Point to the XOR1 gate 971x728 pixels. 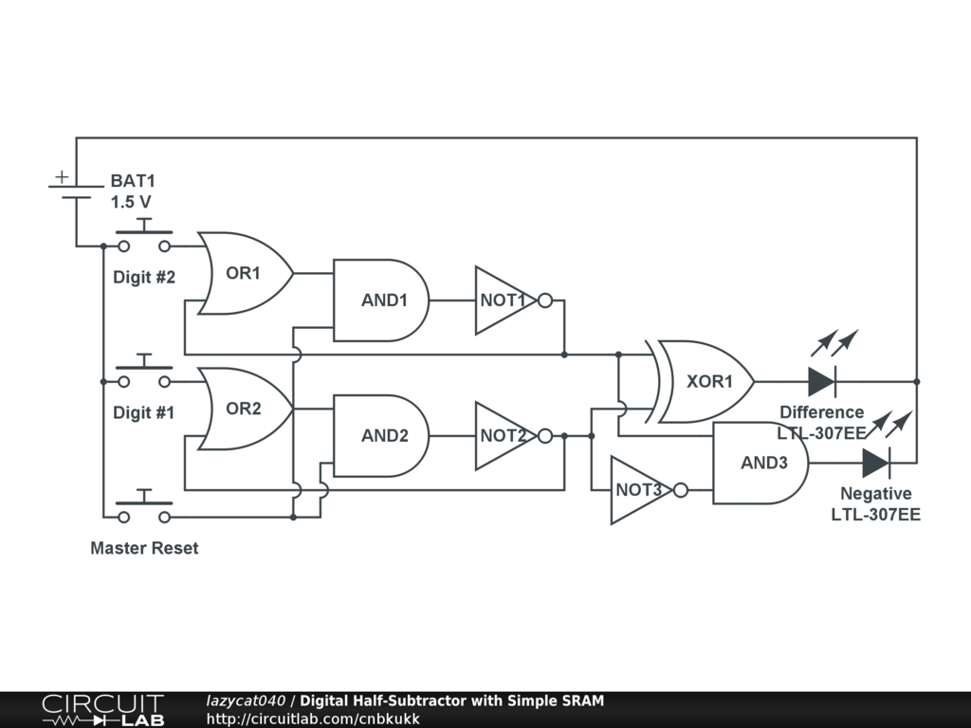706,382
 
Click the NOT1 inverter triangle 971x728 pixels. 503,300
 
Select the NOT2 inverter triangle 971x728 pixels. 503,436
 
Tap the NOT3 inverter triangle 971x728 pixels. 637,490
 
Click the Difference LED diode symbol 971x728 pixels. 821,381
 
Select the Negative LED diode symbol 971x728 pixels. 875,463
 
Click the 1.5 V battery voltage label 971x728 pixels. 131,202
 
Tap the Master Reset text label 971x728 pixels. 144,548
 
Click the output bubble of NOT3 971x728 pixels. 680,490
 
